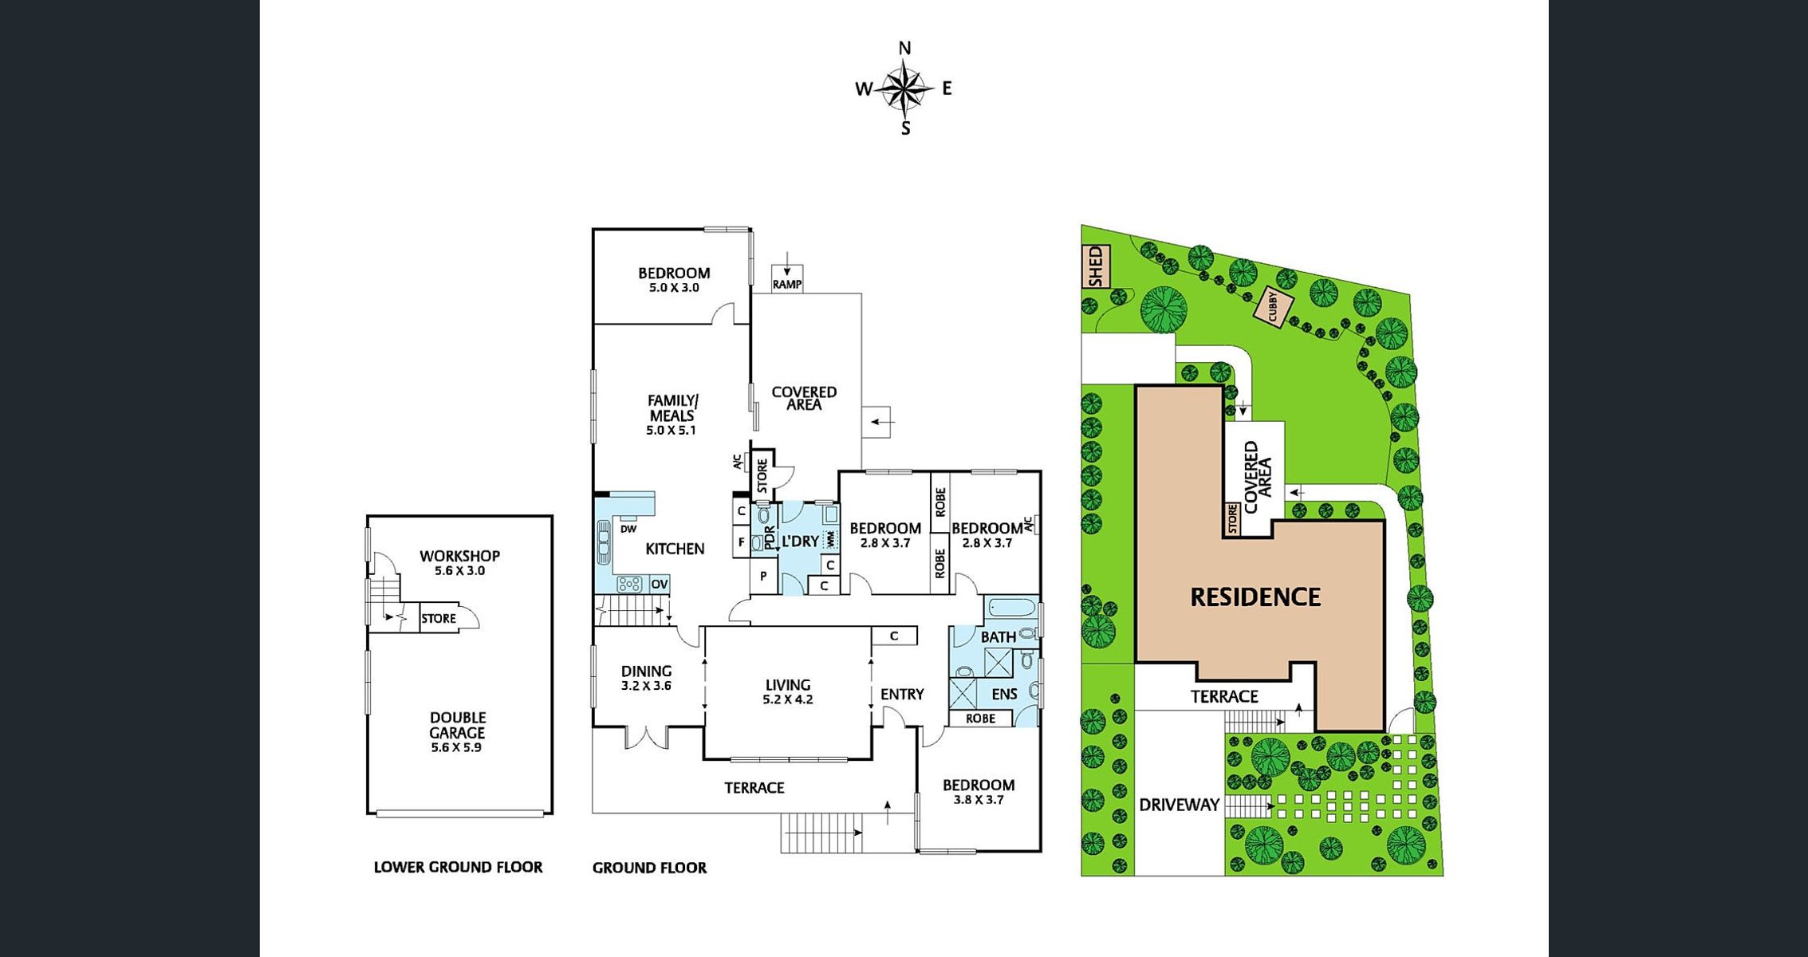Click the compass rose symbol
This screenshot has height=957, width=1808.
pyautogui.click(x=904, y=89)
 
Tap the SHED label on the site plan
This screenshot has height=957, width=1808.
pyautogui.click(x=1096, y=266)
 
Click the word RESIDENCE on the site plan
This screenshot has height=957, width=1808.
pyautogui.click(x=1255, y=597)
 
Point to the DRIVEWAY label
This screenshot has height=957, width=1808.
pyautogui.click(x=1179, y=805)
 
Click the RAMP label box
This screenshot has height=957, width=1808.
pyautogui.click(x=787, y=284)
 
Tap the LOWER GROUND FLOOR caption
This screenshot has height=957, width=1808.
pyautogui.click(x=458, y=867)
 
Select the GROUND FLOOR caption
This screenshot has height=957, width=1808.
pyautogui.click(x=649, y=868)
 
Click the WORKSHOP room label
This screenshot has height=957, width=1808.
pyautogui.click(x=459, y=556)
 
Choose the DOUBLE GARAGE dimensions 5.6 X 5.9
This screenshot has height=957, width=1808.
pyautogui.click(x=456, y=748)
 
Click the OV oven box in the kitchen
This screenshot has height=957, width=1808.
pyautogui.click(x=659, y=585)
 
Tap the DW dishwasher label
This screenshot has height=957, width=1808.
pyautogui.click(x=628, y=529)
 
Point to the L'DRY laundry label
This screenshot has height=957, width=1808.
pyautogui.click(x=800, y=541)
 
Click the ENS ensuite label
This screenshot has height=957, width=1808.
pyautogui.click(x=1004, y=694)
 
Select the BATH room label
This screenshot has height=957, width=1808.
pyautogui.click(x=999, y=636)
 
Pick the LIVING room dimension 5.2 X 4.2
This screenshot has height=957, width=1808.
pyautogui.click(x=788, y=699)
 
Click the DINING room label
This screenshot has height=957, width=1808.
pyautogui.click(x=646, y=671)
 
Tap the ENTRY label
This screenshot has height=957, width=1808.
pyautogui.click(x=902, y=694)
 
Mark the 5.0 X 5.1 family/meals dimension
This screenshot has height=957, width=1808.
pyautogui.click(x=671, y=430)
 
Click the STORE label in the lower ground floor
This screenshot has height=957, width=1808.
pyautogui.click(x=439, y=618)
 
